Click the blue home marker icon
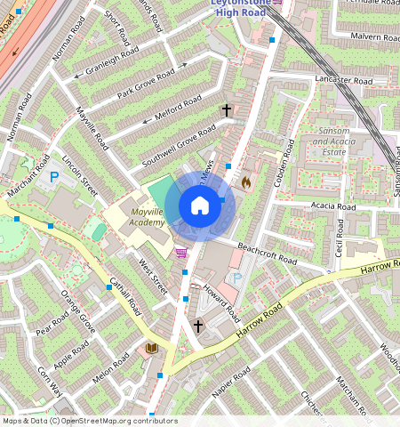200,206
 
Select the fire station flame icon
246,182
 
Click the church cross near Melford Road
227,110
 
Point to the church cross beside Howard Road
198,326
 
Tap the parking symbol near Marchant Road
54,178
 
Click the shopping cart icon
181,253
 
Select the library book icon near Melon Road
151,349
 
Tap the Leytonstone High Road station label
234,8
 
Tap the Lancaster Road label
343,80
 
